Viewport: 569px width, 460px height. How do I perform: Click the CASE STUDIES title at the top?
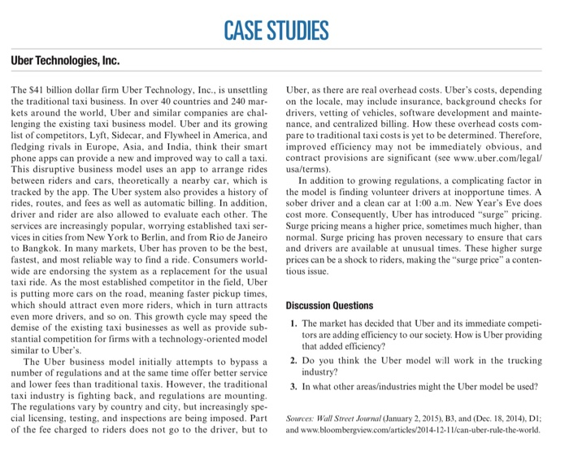(284, 30)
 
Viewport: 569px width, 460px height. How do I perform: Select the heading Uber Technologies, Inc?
(65, 62)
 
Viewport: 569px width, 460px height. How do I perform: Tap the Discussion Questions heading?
(330, 306)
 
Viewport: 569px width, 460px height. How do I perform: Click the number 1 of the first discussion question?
(293, 325)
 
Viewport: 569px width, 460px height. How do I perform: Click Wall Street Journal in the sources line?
(352, 419)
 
